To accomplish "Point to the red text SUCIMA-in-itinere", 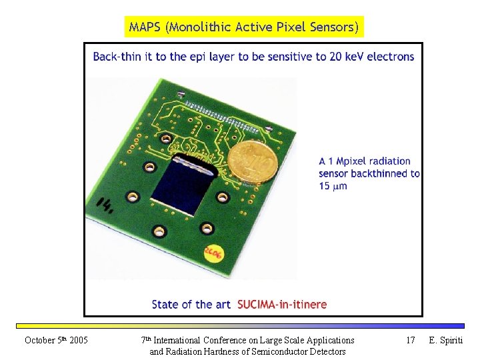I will pos(281,305).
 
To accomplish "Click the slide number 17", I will pos(411,341).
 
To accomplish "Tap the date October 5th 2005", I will pos(56,341).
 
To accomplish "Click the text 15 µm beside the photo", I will pos(333,187).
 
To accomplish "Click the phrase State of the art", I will pos(191,305).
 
